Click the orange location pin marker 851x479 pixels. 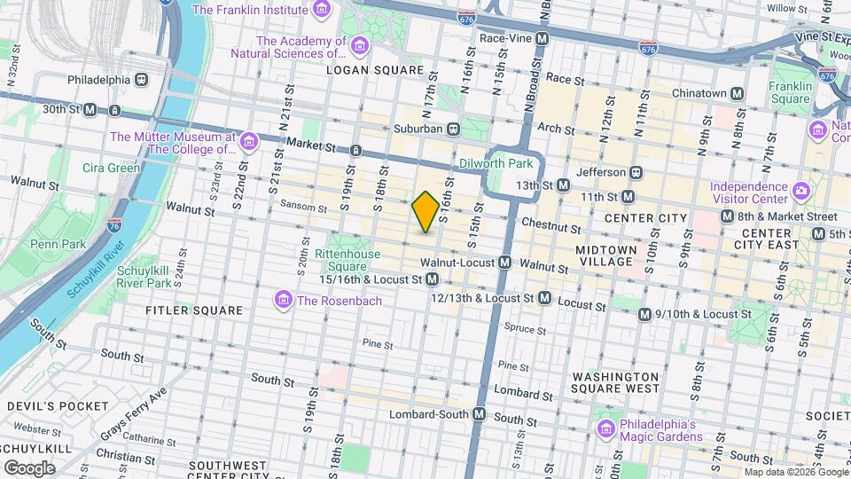click(425, 211)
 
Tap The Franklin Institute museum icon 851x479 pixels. click(322, 10)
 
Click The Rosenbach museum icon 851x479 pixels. click(284, 301)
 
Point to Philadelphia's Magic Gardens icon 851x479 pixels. click(606, 430)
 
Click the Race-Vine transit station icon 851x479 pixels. click(542, 39)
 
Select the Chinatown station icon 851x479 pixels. click(737, 93)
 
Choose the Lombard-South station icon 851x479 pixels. click(480, 414)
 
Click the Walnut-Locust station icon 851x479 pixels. click(504, 263)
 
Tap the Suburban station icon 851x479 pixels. click(453, 129)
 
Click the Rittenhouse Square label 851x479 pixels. click(347, 260)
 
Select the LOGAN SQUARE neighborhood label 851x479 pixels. click(375, 70)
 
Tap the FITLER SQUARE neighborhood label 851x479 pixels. click(194, 310)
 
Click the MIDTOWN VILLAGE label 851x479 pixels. click(605, 255)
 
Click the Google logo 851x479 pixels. click(29, 467)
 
